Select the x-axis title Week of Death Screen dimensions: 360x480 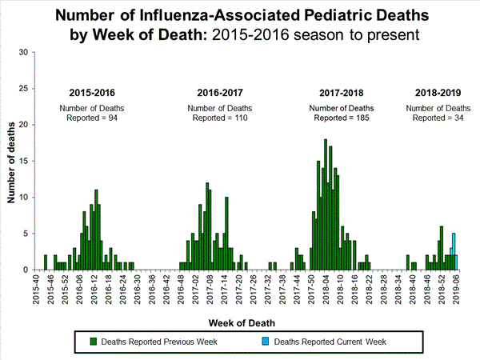point(240,324)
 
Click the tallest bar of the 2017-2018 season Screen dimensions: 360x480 point(326,205)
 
